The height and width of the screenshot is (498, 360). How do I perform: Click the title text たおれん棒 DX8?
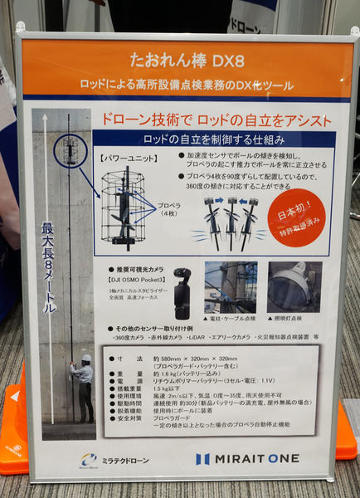[x=178, y=62]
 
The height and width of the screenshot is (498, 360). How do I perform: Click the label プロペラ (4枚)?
[x=168, y=210]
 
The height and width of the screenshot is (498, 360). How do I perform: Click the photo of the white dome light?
[x=294, y=286]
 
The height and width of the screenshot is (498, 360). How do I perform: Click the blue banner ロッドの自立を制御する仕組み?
[x=214, y=137]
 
